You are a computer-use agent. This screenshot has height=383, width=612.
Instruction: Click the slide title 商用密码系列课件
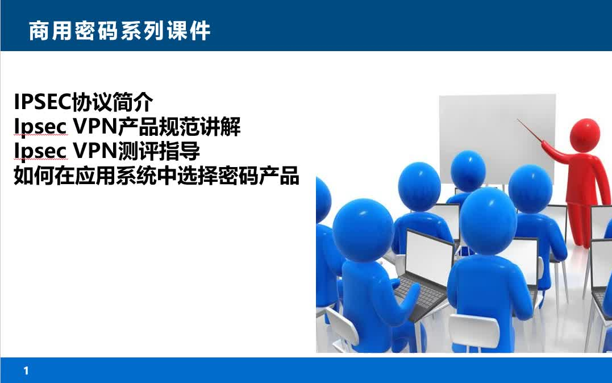119,31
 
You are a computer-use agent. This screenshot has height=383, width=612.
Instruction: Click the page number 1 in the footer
26,371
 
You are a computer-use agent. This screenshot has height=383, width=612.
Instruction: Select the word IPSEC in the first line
41,103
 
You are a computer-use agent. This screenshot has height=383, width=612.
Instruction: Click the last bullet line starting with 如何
156,177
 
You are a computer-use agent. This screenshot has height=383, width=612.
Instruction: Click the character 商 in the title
39,31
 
